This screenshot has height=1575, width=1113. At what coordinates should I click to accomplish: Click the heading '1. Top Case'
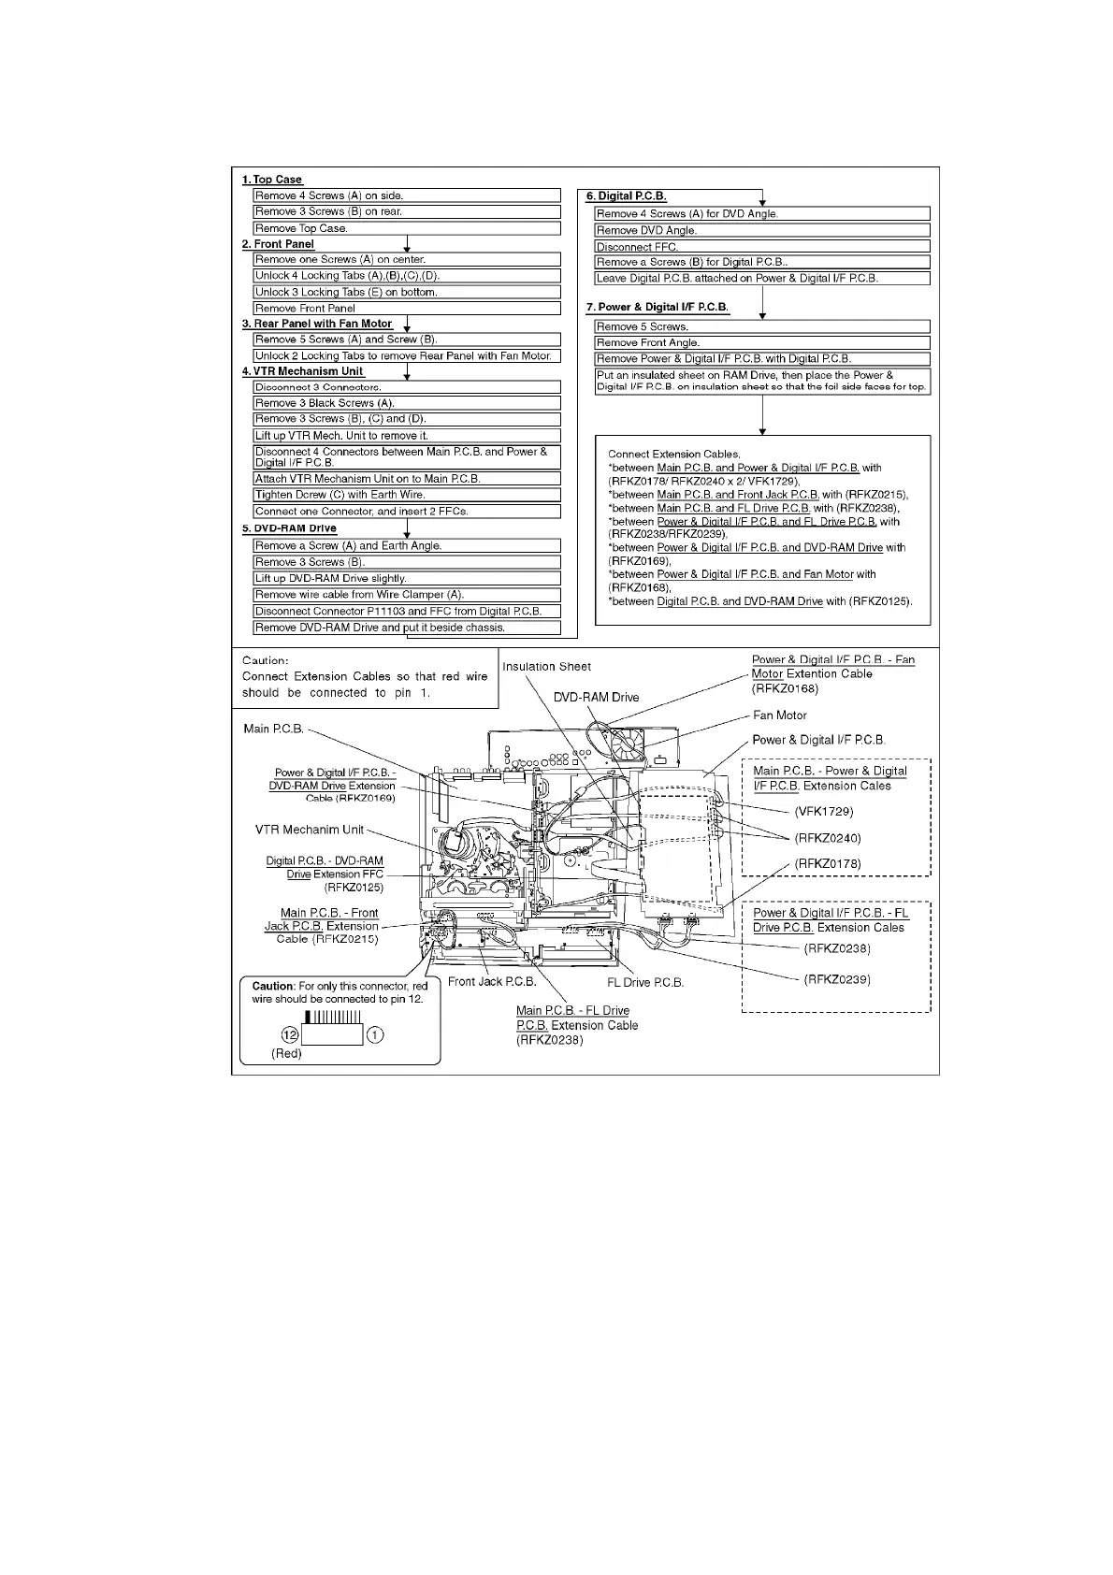point(272,180)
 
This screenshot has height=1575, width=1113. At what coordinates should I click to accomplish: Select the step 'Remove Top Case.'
point(301,228)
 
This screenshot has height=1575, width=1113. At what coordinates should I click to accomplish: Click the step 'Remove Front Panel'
point(305,308)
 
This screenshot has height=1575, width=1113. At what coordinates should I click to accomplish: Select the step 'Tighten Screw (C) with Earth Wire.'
point(340,495)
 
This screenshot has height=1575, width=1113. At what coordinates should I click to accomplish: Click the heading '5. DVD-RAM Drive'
point(289,528)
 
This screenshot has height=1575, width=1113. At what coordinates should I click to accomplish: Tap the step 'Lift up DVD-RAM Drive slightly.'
point(330,578)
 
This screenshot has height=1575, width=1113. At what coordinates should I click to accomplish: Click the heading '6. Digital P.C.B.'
point(626,196)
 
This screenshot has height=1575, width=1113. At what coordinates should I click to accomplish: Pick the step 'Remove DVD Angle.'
point(646,230)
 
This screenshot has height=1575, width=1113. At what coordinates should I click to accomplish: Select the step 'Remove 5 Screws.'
point(642,326)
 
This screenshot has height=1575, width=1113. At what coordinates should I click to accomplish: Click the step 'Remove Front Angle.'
point(647,342)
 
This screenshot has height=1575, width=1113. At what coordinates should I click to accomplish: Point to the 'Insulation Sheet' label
point(546,667)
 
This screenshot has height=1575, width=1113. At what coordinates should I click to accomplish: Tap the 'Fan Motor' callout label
point(779,715)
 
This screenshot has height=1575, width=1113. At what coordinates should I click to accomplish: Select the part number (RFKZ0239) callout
point(837,979)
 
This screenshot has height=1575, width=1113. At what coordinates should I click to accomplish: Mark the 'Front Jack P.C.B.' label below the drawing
point(491,982)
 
